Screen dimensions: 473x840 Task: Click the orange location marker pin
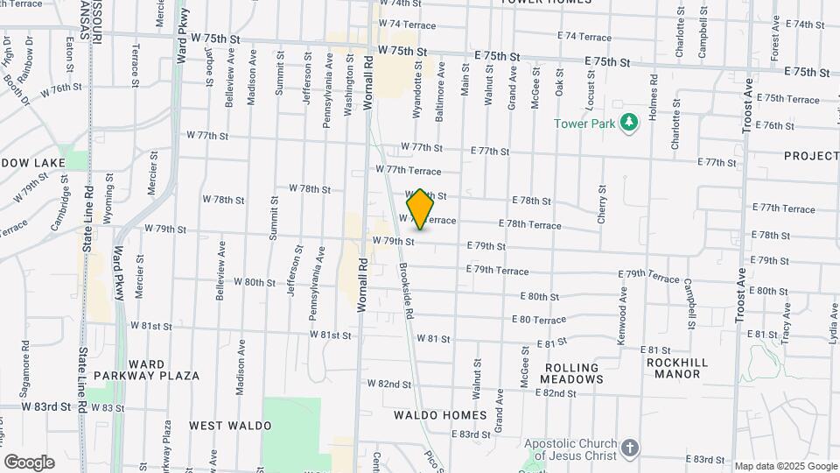coord(421,209)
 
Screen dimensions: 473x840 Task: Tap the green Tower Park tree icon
coord(627,123)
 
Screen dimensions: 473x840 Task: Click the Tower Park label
coord(584,124)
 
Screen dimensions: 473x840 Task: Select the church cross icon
coord(630,449)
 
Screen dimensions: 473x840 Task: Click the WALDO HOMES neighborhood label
coord(440,414)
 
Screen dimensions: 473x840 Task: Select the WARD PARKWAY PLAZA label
coord(164,370)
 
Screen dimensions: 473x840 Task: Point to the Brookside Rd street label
coord(406,288)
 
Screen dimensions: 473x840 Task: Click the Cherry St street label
coord(602,204)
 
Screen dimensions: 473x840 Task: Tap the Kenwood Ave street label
coord(623,321)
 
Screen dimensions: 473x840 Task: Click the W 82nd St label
coord(389,384)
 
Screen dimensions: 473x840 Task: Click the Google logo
coord(29,462)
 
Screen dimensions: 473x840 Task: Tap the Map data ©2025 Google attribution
coord(786,466)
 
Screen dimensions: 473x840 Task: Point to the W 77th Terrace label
coord(408,169)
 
